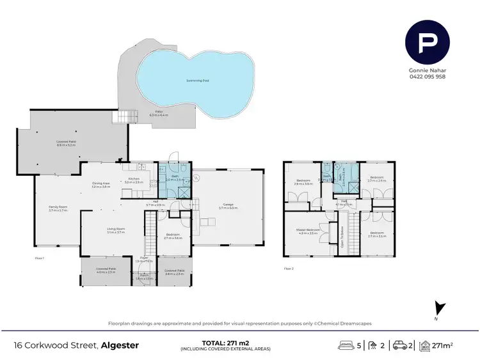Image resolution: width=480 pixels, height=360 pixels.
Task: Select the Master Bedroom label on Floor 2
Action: (308, 231)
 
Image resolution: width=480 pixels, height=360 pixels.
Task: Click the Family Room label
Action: (58, 208)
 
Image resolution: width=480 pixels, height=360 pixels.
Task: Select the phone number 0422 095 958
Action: (427, 77)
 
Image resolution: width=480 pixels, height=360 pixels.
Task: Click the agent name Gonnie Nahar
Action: (427, 71)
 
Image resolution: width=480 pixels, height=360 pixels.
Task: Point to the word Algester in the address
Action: (120, 345)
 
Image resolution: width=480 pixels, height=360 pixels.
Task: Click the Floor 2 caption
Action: (289, 268)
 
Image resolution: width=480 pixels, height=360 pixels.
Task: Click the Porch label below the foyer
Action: (143, 278)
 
